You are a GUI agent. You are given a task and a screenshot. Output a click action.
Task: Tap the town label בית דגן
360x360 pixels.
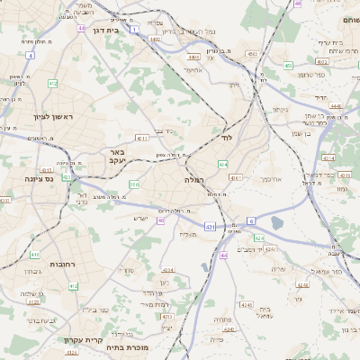[x=107, y=30]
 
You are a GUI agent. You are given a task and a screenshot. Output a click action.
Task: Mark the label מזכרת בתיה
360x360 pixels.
[x=126, y=346]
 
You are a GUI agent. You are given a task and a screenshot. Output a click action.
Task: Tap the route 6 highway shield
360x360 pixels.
[x=252, y=220]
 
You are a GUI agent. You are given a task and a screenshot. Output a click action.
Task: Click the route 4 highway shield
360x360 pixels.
[x=30, y=56]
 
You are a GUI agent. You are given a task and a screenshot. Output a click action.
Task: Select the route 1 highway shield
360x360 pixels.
[x=134, y=30]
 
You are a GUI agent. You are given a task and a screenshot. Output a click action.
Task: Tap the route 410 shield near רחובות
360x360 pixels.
[x=74, y=285]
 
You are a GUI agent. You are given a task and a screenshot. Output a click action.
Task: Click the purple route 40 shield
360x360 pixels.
[x=160, y=220]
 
